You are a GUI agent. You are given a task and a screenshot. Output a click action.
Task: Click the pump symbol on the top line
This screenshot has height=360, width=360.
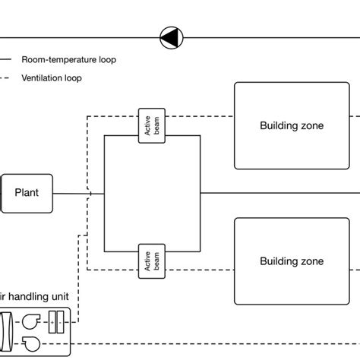pyautogui.click(x=172, y=37)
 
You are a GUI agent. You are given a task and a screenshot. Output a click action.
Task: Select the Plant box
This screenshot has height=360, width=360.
pyautogui.click(x=27, y=194)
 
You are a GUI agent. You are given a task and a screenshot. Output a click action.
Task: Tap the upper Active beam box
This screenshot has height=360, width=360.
pyautogui.click(x=152, y=126)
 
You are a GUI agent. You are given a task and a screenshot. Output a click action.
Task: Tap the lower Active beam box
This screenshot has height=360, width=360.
pyautogui.click(x=152, y=261)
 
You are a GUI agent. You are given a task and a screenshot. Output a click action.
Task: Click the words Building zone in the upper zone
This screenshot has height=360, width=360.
pyautogui.click(x=292, y=125)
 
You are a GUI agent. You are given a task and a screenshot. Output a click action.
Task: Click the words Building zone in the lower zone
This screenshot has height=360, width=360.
pyautogui.click(x=292, y=261)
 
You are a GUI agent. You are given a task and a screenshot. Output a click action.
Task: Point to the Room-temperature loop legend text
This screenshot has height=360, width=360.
pyautogui.click(x=69, y=60)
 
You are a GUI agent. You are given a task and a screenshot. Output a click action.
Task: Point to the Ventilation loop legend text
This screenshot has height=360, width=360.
pyautogui.click(x=52, y=78)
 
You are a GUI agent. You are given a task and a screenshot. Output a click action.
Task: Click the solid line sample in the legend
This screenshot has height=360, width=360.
pyautogui.click(x=5, y=59)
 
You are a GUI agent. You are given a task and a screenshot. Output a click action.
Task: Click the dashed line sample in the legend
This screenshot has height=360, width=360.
pyautogui.click(x=5, y=77)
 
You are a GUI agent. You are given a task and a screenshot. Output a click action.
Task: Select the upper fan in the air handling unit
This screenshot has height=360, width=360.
pyautogui.click(x=31, y=321)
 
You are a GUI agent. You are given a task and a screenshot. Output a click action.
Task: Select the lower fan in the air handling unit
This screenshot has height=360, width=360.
pyautogui.click(x=31, y=344)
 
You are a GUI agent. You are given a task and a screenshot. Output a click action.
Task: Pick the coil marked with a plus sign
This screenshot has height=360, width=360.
pyautogui.click(x=52, y=322)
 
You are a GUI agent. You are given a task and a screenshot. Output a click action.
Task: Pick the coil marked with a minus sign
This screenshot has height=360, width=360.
pyautogui.click(x=60, y=322)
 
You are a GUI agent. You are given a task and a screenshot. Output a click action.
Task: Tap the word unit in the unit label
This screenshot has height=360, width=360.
pyautogui.click(x=60, y=297)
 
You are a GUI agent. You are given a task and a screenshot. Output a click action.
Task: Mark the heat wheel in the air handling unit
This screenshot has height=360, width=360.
pyautogui.click(x=5, y=332)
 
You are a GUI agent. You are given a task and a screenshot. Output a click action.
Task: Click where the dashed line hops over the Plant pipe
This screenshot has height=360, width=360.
pyautogui.click(x=89, y=194)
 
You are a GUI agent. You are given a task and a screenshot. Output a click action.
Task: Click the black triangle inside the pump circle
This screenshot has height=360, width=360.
pyautogui.click(x=169, y=37)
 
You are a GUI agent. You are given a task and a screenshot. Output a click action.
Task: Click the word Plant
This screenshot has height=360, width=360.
pyautogui.click(x=27, y=192)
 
